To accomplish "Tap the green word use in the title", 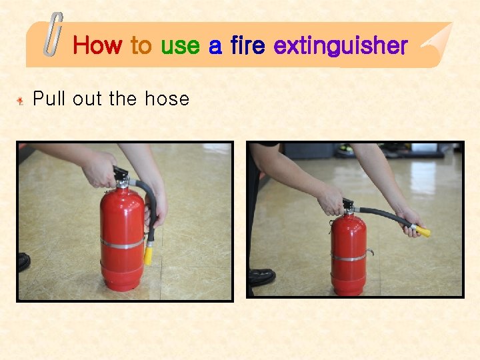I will click(180, 45).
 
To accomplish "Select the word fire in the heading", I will click(247, 45).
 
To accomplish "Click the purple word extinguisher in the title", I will click(340, 45).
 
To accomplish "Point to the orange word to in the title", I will click(141, 45).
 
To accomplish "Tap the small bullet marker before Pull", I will click(21, 101).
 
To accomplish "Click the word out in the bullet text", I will click(87, 99).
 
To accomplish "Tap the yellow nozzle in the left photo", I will click(148, 253).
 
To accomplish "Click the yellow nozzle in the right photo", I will click(423, 232).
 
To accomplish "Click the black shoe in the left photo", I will click(23, 261).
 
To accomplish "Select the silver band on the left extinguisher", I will click(121, 243).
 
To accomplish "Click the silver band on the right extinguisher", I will click(349, 257).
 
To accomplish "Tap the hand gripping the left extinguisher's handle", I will click(101, 170).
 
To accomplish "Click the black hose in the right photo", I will click(380, 215).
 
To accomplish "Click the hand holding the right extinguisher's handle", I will click(331, 199).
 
